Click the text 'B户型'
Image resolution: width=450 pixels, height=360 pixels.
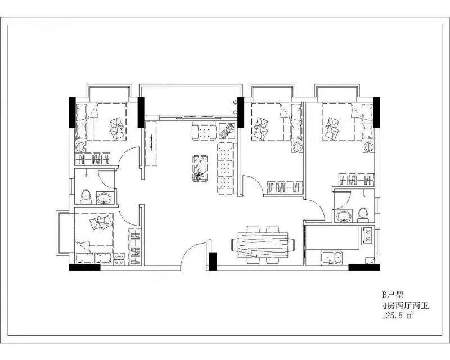coord(393,294)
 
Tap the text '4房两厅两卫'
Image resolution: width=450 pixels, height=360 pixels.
coord(405,305)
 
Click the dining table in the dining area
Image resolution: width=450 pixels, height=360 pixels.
coord(263,245)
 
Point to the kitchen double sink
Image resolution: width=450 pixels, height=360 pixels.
coord(331,258)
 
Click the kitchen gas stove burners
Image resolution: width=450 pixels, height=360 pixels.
coord(367,235)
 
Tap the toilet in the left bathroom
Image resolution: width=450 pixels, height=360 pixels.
coord(86,197)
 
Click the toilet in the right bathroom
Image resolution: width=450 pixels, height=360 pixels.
coord(363,215)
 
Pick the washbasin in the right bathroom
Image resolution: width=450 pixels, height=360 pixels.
coord(344,216)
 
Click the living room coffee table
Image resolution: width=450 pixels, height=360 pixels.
coord(201,168)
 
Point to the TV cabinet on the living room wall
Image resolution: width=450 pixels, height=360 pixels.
coord(151,143)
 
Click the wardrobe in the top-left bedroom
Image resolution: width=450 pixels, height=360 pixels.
coord(92,159)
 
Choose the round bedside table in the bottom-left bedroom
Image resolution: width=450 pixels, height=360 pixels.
coord(119,259)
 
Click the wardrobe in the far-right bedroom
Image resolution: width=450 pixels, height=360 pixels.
coord(356,180)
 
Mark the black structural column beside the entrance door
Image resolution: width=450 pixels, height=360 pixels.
coord(213,261)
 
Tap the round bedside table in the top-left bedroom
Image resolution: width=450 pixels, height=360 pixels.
coord(80,147)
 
